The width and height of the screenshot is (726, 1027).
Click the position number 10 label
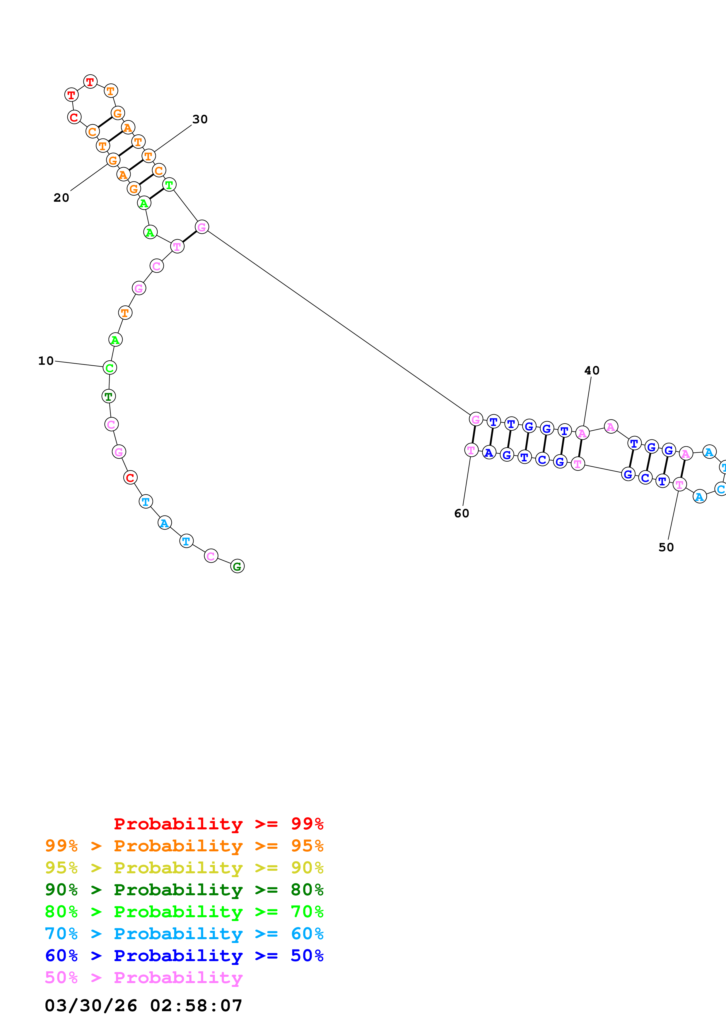coord(46,361)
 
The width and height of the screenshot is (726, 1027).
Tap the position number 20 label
coord(61,198)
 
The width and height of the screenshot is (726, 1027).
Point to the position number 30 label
coord(200,119)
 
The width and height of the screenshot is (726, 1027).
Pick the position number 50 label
coord(666,547)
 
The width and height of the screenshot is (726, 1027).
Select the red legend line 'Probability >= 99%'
coord(219,824)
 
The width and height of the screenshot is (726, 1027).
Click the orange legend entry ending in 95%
coord(184,845)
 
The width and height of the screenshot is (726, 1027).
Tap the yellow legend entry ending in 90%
coord(184,867)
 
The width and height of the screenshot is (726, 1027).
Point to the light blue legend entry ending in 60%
coord(184,934)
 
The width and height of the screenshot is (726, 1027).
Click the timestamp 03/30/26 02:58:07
coord(144,1006)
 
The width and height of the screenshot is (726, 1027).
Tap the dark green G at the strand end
coord(237,566)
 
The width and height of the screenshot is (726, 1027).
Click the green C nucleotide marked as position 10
coord(110,368)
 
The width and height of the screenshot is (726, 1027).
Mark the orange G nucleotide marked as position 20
coord(113,160)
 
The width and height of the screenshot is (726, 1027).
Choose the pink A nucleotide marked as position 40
coord(582,433)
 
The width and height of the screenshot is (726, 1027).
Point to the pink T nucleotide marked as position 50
coord(679,485)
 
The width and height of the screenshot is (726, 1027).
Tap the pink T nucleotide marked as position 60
coord(471,450)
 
